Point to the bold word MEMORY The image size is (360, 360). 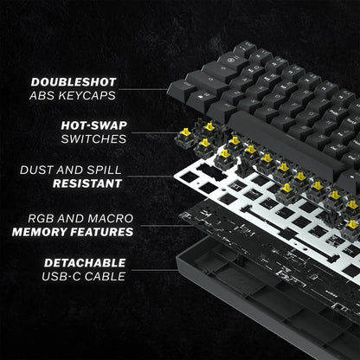coord(44,232)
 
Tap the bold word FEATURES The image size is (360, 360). coord(103,232)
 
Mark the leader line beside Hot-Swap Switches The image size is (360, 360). coord(160,132)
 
